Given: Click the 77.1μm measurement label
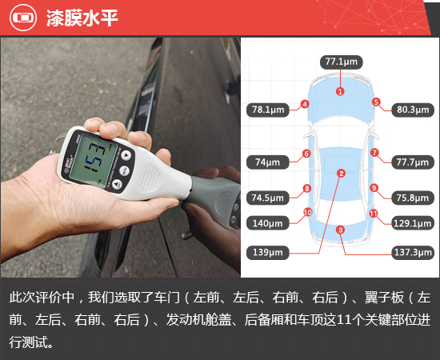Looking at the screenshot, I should point(341,62).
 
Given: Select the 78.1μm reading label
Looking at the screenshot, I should point(268,110).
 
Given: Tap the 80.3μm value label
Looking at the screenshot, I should point(414,110).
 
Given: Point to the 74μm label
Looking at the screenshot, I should point(267,162).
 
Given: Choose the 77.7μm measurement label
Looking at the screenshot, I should point(414,162).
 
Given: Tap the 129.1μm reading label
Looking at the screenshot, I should point(414,223).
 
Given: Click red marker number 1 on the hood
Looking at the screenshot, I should point(340,92).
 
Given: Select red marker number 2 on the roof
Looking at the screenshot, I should point(341,173).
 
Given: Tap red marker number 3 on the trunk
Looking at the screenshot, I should point(340,230).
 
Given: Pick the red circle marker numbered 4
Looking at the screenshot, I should point(305,103).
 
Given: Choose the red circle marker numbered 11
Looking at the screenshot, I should point(374,213).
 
